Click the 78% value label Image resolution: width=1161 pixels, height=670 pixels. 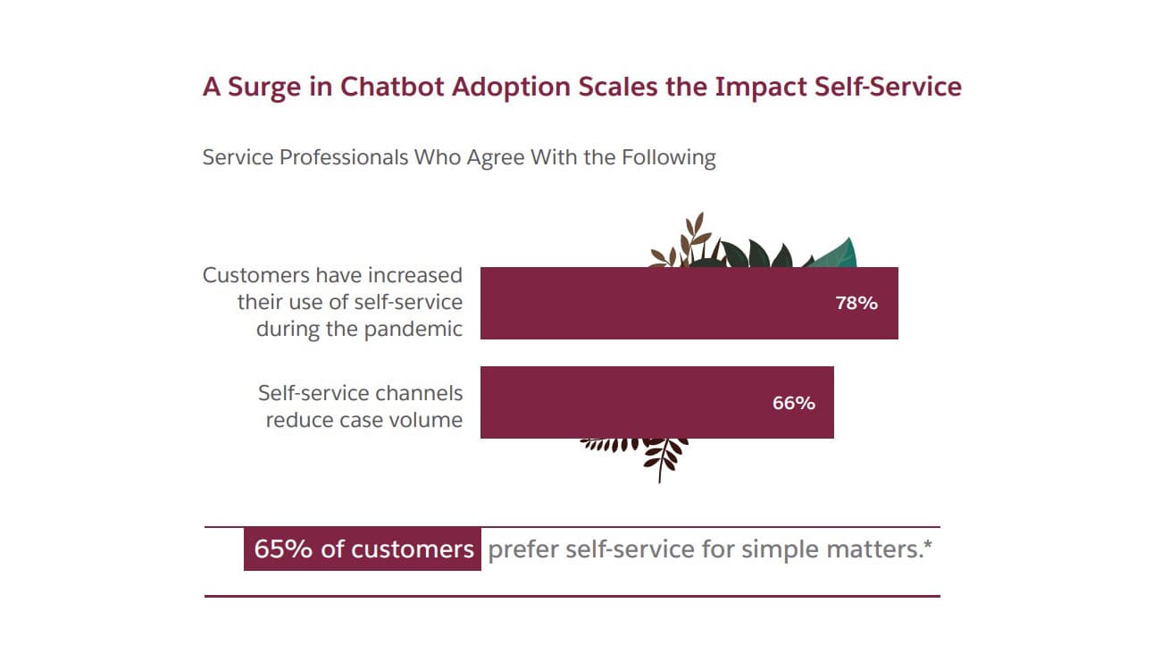point(856,303)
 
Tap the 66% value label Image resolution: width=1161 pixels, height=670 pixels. point(794,403)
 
